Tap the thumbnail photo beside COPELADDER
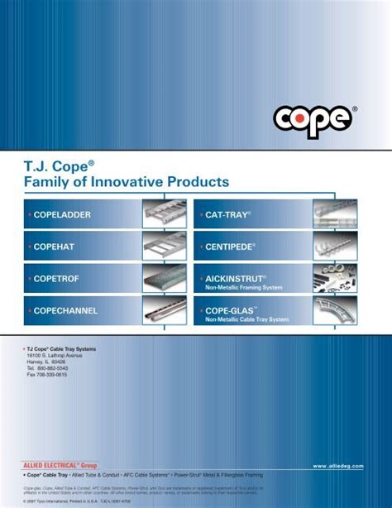click(x=165, y=214)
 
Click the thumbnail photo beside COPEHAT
click(x=165, y=247)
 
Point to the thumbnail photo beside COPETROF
click(x=165, y=279)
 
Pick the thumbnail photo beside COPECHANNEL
click(x=165, y=311)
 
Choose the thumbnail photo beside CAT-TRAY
click(x=334, y=214)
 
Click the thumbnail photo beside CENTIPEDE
click(x=334, y=247)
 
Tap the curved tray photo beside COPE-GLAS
click(x=334, y=311)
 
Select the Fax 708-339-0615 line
click(x=47, y=375)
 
